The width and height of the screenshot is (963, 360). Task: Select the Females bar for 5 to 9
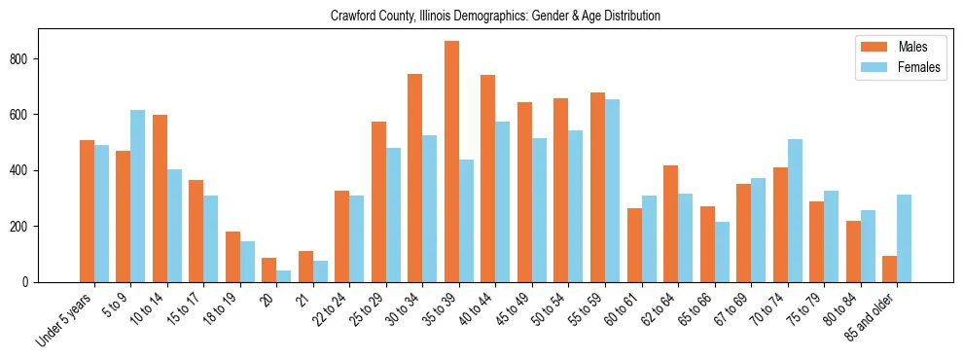click(x=137, y=196)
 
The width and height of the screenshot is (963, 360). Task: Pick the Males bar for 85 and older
click(x=889, y=269)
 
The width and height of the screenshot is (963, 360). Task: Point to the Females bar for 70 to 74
click(x=795, y=210)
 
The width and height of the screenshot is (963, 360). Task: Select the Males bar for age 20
click(x=268, y=270)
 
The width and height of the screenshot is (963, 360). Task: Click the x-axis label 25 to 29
click(x=369, y=307)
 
